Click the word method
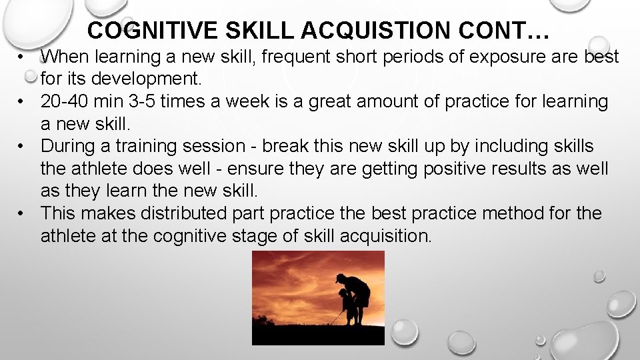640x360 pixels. [505, 214]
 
